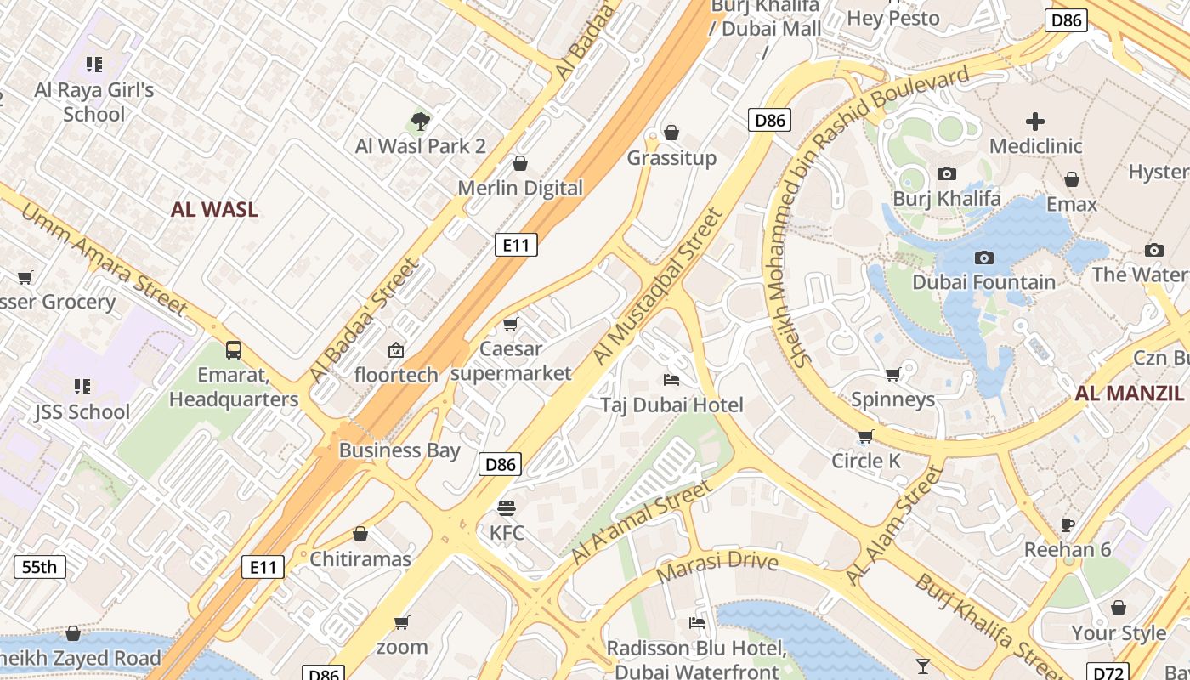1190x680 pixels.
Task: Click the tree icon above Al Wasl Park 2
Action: (x=420, y=121)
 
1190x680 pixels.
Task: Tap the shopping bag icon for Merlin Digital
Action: (x=520, y=163)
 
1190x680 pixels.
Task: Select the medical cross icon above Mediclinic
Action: (x=1035, y=122)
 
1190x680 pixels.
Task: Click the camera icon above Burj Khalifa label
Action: (x=946, y=174)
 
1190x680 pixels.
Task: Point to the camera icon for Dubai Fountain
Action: (x=983, y=258)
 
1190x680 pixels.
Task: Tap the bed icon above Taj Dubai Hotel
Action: (x=671, y=380)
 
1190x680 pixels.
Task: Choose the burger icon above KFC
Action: (x=507, y=508)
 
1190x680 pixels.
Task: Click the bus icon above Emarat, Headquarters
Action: (x=233, y=349)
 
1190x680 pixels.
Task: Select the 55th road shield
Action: (x=40, y=567)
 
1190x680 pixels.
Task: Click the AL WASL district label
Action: (x=214, y=210)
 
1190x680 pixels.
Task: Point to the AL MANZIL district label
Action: (x=1129, y=393)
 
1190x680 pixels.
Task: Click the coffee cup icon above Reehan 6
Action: (x=1068, y=524)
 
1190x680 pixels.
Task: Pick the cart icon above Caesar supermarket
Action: (x=510, y=324)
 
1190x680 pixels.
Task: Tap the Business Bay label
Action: (x=399, y=450)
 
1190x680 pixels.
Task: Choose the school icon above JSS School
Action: (x=82, y=387)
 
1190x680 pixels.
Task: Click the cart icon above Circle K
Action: (x=865, y=436)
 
